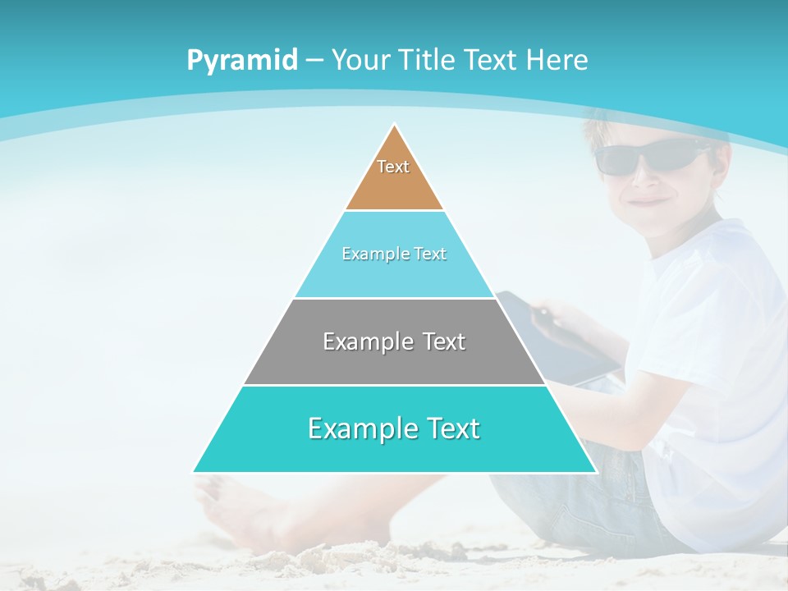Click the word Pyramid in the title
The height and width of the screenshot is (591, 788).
[242, 61]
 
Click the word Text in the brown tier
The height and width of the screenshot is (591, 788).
[393, 167]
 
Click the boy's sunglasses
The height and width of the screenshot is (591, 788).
[648, 155]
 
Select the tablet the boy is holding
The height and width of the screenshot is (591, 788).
[566, 337]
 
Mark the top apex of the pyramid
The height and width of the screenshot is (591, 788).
[395, 126]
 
